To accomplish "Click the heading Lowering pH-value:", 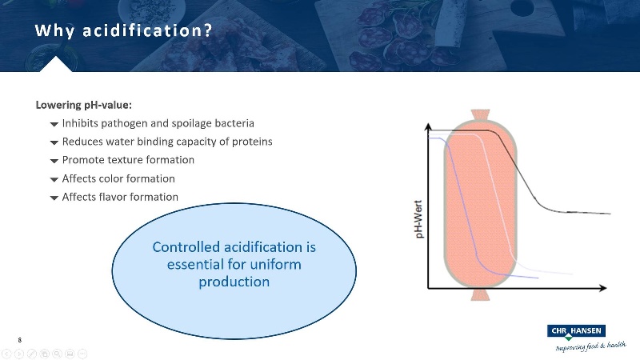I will pyautogui.click(x=83, y=105).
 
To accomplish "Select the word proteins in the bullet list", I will pyautogui.click(x=251, y=142).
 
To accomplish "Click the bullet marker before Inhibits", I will pyautogui.click(x=54, y=124).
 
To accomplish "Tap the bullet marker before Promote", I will pyautogui.click(x=54, y=161).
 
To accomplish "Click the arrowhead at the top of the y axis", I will pyautogui.click(x=430, y=121).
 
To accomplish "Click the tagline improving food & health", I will pyautogui.click(x=590, y=346).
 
